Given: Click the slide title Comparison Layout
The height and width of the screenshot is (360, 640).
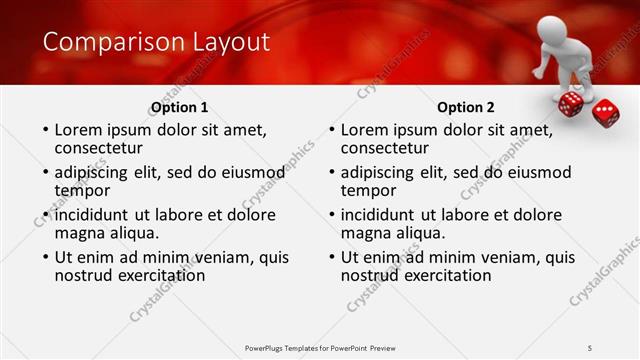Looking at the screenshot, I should coord(156,42).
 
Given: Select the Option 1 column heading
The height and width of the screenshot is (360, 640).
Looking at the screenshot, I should coord(180,108).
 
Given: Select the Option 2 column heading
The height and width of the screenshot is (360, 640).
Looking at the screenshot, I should coord(466,108).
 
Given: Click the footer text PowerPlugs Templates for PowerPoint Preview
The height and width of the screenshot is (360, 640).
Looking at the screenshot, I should coord(320,347).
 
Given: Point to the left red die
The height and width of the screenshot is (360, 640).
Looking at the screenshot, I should coord(570,104).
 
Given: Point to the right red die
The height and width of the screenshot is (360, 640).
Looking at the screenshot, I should coord(605,112).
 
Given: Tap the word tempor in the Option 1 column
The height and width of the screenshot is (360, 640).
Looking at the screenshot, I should coord(82,190).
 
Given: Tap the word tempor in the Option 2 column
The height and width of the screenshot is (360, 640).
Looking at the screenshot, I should coord(369,190).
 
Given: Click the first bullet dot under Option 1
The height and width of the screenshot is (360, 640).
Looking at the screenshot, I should coord(43,131).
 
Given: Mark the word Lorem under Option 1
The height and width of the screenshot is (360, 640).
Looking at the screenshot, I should coord(78,130).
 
